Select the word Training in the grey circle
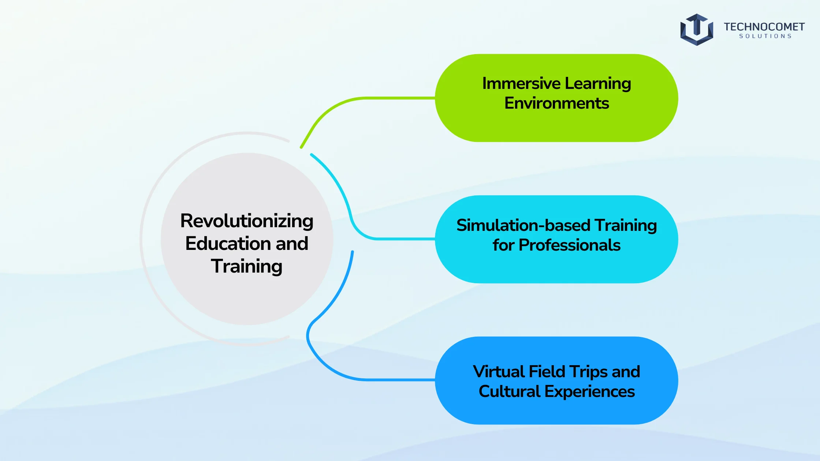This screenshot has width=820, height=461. click(247, 267)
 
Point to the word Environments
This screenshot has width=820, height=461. click(557, 103)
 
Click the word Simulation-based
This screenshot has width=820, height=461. click(523, 225)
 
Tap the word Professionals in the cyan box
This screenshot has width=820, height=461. click(570, 245)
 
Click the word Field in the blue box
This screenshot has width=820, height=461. click(547, 372)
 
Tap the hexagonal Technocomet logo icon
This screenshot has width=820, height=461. click(697, 30)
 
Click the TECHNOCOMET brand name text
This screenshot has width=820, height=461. click(764, 27)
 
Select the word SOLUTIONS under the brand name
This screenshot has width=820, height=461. click(765, 36)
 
